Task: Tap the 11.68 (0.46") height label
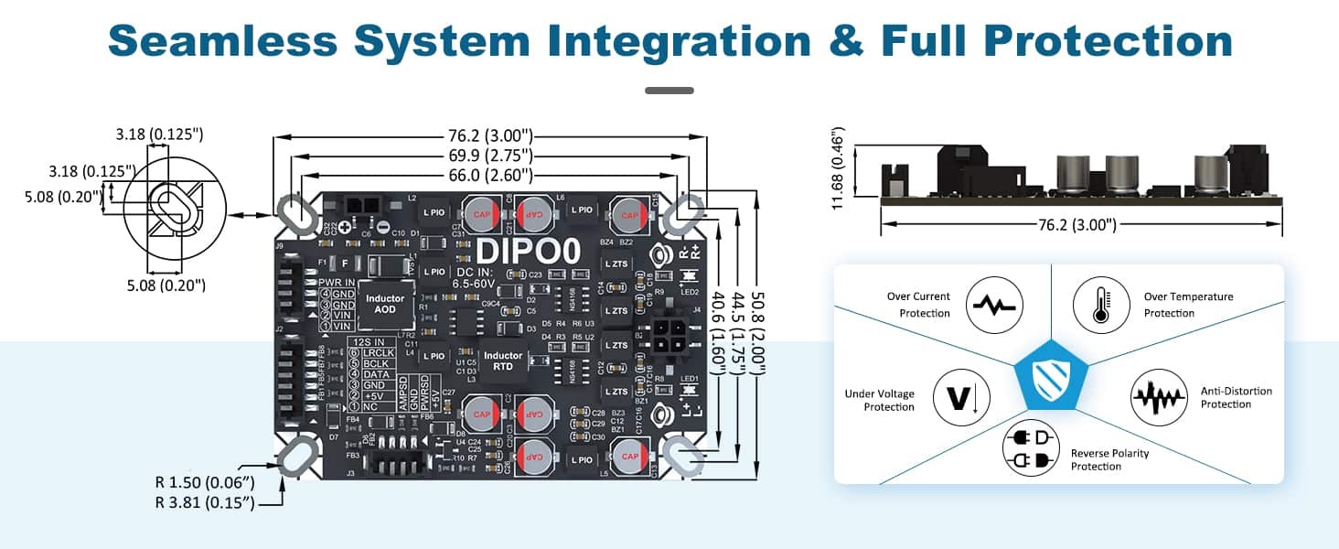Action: pyautogui.click(x=839, y=168)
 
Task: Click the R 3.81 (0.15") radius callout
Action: pyautogui.click(x=205, y=503)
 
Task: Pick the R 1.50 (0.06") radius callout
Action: pyautogui.click(x=205, y=482)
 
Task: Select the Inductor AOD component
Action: pyautogui.click(x=385, y=304)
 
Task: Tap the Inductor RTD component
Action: pyautogui.click(x=502, y=361)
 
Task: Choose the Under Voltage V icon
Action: pyautogui.click(x=960, y=398)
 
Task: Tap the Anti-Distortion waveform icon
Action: pyautogui.click(x=1159, y=398)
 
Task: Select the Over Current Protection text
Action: pyautogui.click(x=918, y=305)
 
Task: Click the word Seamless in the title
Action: pyautogui.click(x=223, y=41)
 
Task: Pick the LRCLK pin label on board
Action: pyautogui.click(x=380, y=351)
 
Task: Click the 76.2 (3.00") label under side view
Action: pyautogui.click(x=1080, y=224)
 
